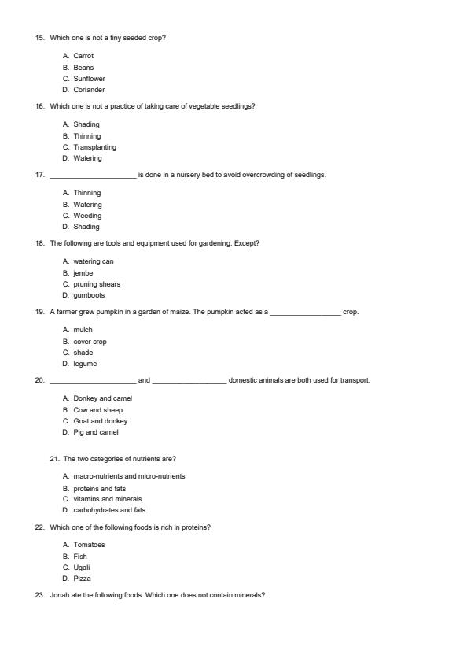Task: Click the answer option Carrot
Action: pyautogui.click(x=83, y=56)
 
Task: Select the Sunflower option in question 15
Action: pyautogui.click(x=89, y=79)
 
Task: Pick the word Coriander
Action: pyautogui.click(x=89, y=90)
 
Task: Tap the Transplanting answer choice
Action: pyautogui.click(x=94, y=147)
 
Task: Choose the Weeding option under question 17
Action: pyautogui.click(x=87, y=216)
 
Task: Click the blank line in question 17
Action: pyautogui.click(x=93, y=176)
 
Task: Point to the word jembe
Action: pyautogui.click(x=83, y=273)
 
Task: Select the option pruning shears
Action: pyautogui.click(x=97, y=284)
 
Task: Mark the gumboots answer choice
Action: pyautogui.click(x=89, y=295)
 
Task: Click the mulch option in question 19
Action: pyautogui.click(x=83, y=330)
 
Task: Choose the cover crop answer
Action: pyautogui.click(x=90, y=342)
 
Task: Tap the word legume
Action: pyautogui.click(x=84, y=364)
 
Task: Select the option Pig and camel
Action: pyautogui.click(x=96, y=432)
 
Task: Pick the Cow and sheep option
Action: pyautogui.click(x=97, y=410)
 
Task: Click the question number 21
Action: pyautogui.click(x=54, y=459)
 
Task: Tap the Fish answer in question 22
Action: pyautogui.click(x=80, y=557)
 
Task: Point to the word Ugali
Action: pyautogui.click(x=82, y=568)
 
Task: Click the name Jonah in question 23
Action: pyautogui.click(x=59, y=595)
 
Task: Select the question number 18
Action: pyautogui.click(x=39, y=243)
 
